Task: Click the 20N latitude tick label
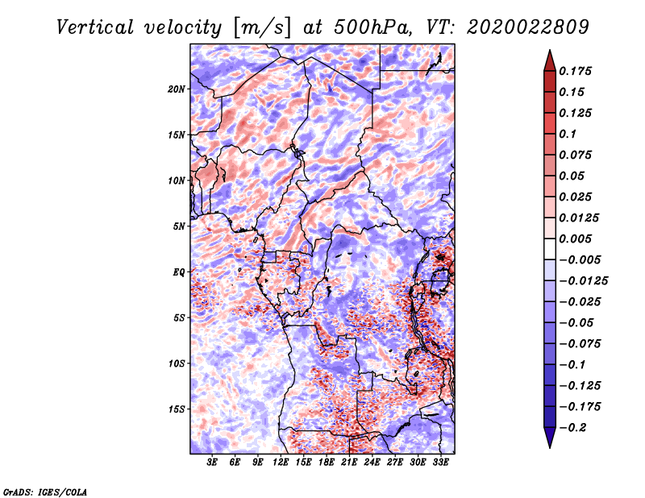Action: click(177, 89)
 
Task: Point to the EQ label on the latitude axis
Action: click(179, 272)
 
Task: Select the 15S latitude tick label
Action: click(177, 409)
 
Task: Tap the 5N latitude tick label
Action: click(179, 226)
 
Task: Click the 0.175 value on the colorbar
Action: click(578, 71)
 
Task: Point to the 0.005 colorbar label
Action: click(578, 239)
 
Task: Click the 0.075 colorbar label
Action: click(578, 155)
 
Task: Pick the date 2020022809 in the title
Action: click(516, 27)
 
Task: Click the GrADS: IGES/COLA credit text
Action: click(44, 491)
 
